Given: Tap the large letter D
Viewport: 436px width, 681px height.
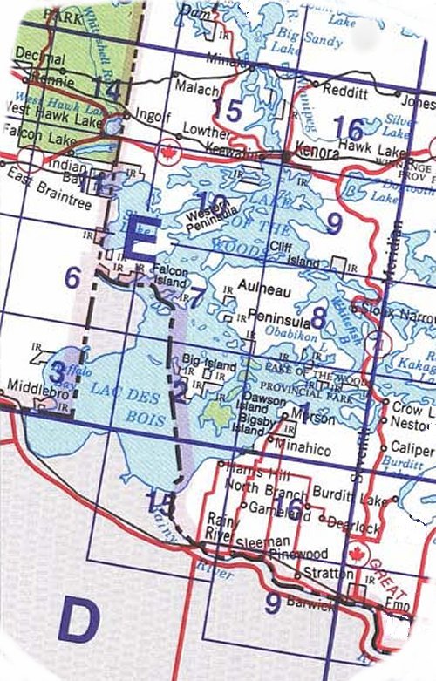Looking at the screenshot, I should [x=78, y=621].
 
